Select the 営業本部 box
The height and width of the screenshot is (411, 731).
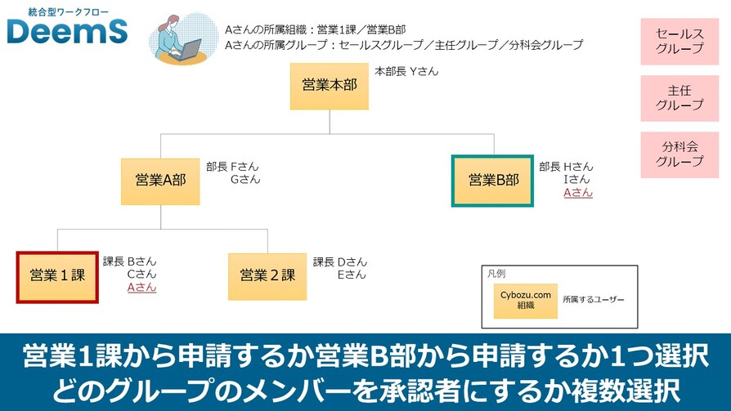click(x=329, y=86)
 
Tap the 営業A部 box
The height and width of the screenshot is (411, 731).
click(x=160, y=181)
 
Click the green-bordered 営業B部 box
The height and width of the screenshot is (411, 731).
click(x=493, y=181)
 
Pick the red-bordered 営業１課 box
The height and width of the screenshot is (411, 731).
click(x=57, y=276)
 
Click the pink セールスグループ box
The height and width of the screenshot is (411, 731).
click(x=679, y=41)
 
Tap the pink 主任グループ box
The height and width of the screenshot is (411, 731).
click(x=679, y=98)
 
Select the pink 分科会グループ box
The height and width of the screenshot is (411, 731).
click(x=679, y=154)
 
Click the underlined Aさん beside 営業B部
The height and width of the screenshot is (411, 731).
click(x=578, y=193)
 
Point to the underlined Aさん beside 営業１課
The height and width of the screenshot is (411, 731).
click(x=141, y=287)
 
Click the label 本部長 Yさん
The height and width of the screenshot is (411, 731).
click(x=406, y=71)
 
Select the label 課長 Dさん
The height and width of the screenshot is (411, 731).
click(x=340, y=261)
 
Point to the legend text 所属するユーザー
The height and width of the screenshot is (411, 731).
click(x=593, y=301)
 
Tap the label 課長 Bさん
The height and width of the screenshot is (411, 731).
click(x=129, y=261)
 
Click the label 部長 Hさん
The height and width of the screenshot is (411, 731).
click(x=566, y=166)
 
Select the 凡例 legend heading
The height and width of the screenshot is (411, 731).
click(x=496, y=274)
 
